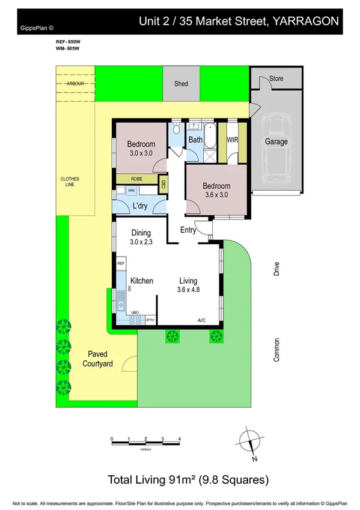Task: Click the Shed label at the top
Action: click(x=181, y=84)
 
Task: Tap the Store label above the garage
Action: click(x=276, y=79)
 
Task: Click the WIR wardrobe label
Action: click(x=233, y=140)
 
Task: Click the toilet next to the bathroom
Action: click(x=176, y=129)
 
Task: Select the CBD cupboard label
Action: click(x=163, y=183)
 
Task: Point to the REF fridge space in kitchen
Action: click(x=120, y=263)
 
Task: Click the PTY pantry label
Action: click(x=151, y=320)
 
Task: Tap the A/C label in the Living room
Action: click(x=202, y=320)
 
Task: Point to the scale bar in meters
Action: click(x=145, y=443)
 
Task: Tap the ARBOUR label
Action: click(x=75, y=84)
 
